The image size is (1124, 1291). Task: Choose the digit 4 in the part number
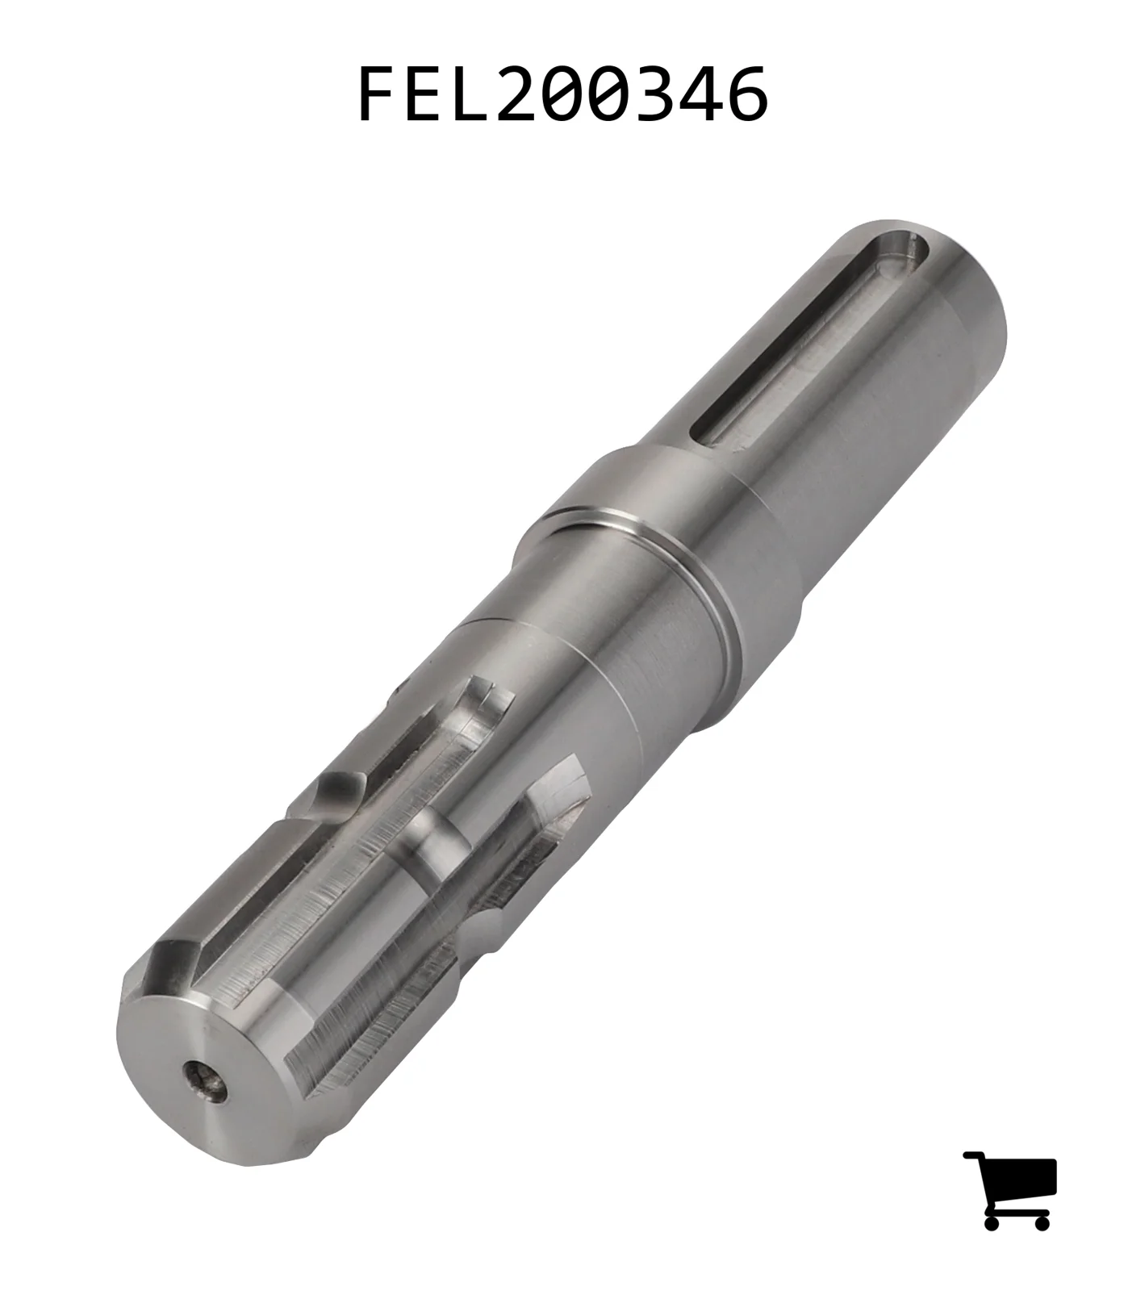tap(701, 94)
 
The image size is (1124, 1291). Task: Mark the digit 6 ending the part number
tap(748, 94)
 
